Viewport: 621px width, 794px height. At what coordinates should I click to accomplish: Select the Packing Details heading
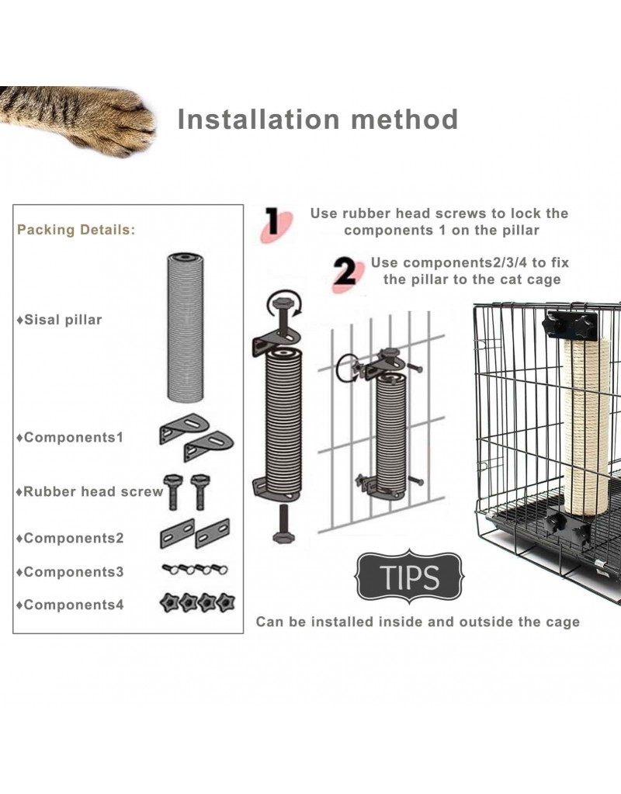(76, 230)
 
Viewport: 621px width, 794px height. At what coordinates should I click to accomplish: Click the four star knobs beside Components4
(196, 602)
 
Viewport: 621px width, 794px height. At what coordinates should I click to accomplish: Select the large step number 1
(273, 222)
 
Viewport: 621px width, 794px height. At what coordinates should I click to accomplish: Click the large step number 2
(344, 272)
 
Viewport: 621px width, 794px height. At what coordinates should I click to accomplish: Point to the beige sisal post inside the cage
(587, 427)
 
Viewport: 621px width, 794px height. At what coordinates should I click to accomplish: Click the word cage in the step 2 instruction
(543, 279)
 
